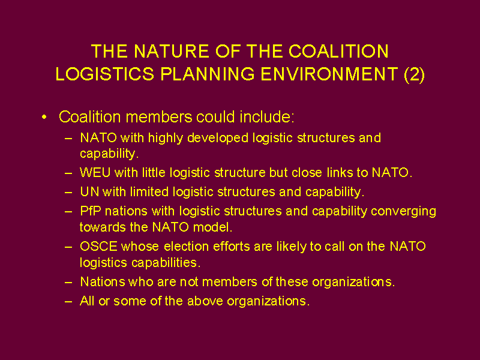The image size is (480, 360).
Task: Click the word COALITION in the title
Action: (x=338, y=51)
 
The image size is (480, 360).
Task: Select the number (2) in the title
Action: (x=414, y=74)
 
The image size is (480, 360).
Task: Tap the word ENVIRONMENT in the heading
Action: (x=329, y=74)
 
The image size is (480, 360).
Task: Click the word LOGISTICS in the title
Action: (x=104, y=74)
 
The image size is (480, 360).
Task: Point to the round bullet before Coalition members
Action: (x=44, y=117)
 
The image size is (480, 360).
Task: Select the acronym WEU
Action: (x=95, y=173)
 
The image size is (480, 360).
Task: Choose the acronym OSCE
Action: (x=98, y=247)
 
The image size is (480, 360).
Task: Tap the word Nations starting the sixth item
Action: (x=103, y=281)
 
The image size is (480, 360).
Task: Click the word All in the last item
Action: (x=87, y=301)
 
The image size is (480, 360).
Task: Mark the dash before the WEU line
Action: (x=68, y=173)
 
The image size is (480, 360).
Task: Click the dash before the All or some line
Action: (x=68, y=302)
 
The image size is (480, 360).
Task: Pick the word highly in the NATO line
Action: (x=166, y=139)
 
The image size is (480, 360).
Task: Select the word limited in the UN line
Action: (x=149, y=192)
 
